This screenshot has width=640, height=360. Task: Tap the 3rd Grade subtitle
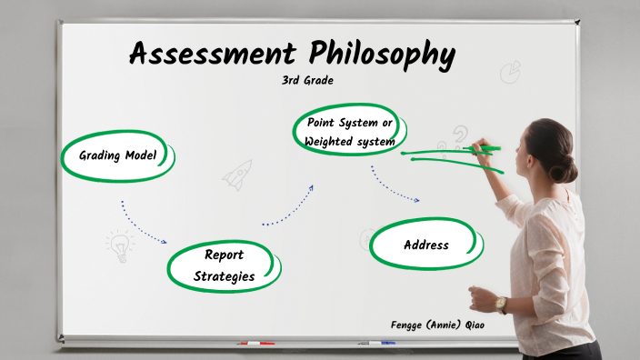click(x=307, y=80)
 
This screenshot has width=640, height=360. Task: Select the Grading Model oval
click(x=117, y=156)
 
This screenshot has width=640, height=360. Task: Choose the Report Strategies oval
click(x=223, y=265)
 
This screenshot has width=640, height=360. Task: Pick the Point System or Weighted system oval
click(x=350, y=131)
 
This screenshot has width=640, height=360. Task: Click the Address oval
click(x=426, y=245)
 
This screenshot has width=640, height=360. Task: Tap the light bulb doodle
click(x=118, y=245)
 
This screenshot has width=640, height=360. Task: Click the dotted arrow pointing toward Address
click(x=394, y=186)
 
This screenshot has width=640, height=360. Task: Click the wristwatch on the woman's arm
click(x=501, y=305)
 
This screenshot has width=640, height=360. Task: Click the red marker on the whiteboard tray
click(x=255, y=344)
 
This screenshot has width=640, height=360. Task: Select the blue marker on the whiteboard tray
click(x=382, y=344)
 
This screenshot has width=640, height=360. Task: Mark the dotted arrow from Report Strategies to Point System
click(x=288, y=208)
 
